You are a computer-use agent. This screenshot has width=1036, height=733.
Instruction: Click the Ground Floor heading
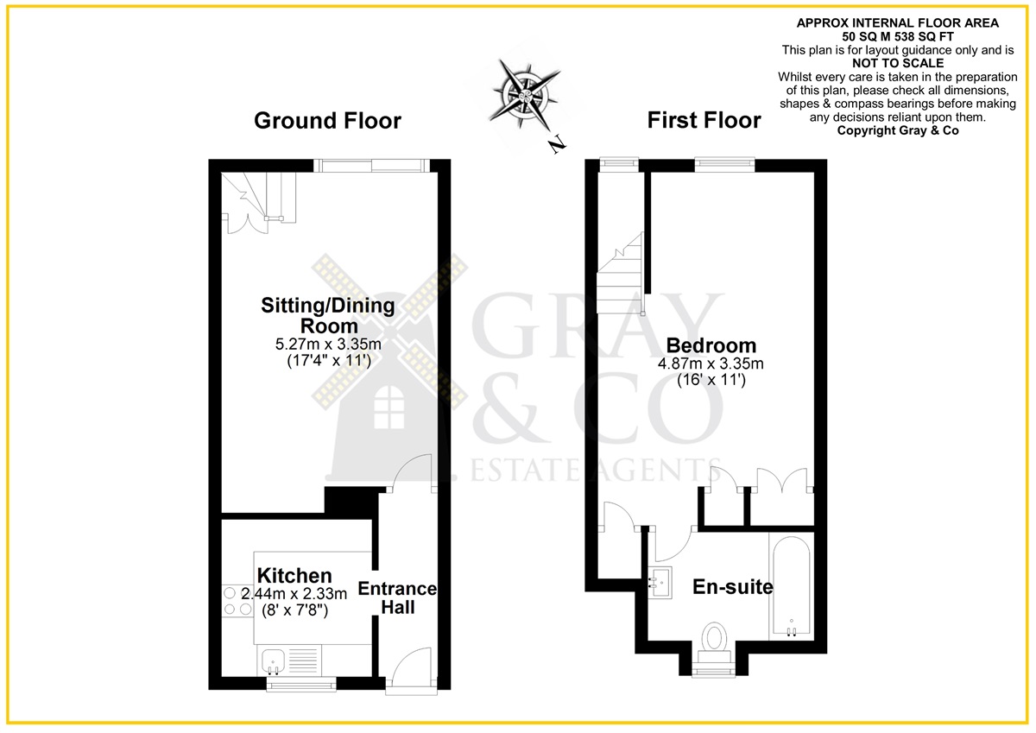click(x=327, y=121)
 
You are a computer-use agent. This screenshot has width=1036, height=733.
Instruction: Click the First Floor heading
click(x=704, y=120)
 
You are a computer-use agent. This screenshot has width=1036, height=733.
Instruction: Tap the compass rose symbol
click(x=525, y=95)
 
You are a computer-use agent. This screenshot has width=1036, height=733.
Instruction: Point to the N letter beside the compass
click(x=558, y=144)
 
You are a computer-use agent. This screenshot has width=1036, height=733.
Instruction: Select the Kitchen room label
click(x=294, y=576)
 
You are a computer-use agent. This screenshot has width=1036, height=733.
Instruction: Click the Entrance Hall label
click(x=398, y=597)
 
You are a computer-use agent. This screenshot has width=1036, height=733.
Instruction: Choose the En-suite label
click(x=733, y=587)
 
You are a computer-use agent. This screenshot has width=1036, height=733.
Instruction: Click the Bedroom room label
click(x=711, y=345)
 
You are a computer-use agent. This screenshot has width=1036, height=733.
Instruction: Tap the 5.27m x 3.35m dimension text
click(x=328, y=344)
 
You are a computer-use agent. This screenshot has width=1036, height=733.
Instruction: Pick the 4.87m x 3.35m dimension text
click(x=711, y=363)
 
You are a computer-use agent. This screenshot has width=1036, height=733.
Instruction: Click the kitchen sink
click(x=274, y=661)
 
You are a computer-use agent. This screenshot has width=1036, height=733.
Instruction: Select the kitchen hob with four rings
click(x=237, y=601)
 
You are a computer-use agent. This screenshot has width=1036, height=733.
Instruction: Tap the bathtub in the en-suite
click(x=792, y=585)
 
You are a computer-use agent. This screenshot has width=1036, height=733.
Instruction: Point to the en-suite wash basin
click(x=660, y=583)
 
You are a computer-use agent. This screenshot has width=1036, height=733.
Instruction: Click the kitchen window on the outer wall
click(x=301, y=685)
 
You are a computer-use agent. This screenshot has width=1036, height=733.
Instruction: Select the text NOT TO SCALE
click(x=898, y=63)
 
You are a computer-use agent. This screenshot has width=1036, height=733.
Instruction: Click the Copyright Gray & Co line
click(x=898, y=130)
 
